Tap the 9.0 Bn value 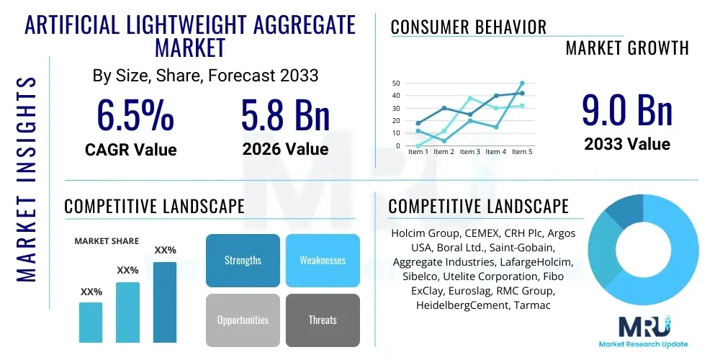coord(627,112)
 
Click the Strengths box coord(243,261)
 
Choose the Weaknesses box coord(323,261)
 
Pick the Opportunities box coord(243,320)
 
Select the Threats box coord(323,320)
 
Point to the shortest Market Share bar coord(91,322)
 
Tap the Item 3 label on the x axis coord(470,152)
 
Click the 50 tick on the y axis coord(396,84)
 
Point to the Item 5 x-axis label coord(522,152)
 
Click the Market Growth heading coord(627,48)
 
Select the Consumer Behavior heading coord(469,27)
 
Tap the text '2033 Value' coord(627,144)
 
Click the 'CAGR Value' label coord(130,150)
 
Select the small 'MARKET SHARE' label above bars coord(107,241)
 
